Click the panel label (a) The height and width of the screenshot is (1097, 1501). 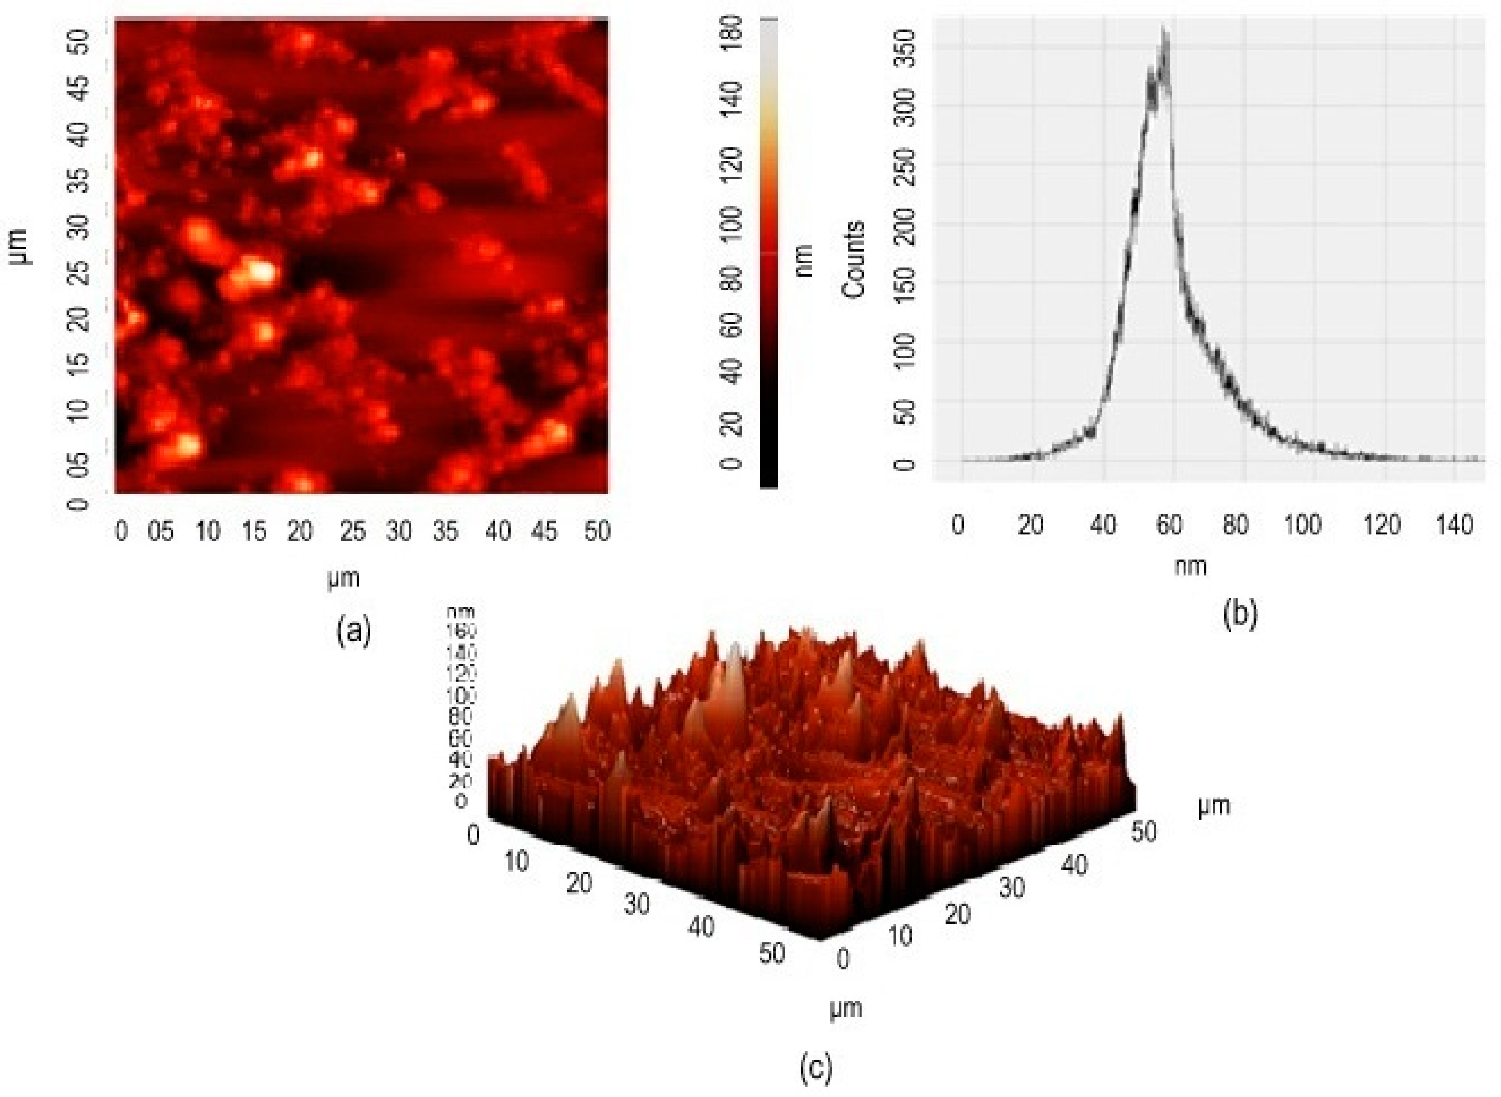coord(353,629)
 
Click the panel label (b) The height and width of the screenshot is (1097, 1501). coord(1239,614)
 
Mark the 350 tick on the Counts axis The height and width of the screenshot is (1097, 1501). coord(905,49)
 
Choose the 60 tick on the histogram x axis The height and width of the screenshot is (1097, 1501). coord(1169,525)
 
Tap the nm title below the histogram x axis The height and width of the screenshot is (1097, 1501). coord(1190,566)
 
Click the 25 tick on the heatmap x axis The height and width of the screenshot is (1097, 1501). coord(353,531)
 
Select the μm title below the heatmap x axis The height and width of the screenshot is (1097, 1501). coord(343,578)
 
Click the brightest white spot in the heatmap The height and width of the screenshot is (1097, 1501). coord(259,271)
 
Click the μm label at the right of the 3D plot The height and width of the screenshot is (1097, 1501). coord(1214,805)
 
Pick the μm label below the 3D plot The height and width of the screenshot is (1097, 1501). coord(845,1008)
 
